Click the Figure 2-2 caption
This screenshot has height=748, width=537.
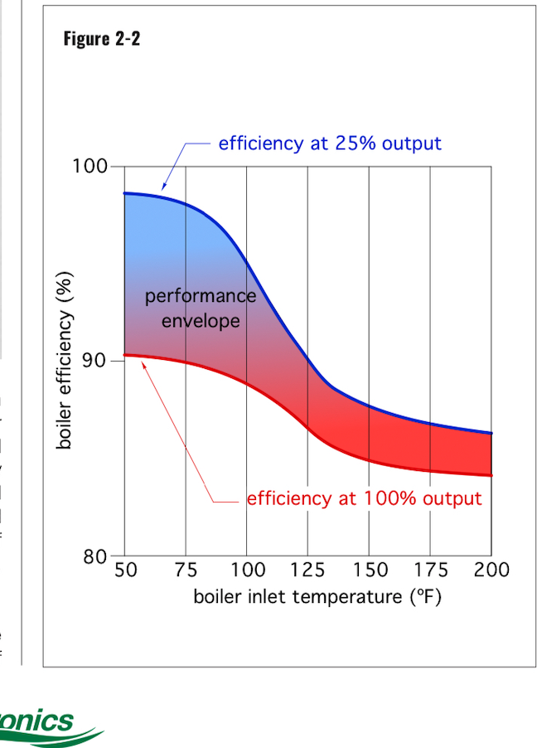(102, 38)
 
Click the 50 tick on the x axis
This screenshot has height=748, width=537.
(124, 570)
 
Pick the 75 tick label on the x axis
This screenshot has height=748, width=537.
(186, 570)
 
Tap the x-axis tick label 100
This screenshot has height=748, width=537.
(247, 570)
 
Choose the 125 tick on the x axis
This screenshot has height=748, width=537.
(308, 570)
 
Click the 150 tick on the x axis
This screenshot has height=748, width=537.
(370, 570)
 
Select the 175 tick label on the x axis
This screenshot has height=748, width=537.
(431, 570)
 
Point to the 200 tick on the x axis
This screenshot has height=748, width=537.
(491, 570)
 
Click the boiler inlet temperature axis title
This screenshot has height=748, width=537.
(317, 596)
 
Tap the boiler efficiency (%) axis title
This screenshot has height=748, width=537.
(65, 361)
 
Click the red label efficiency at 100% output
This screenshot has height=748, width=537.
(364, 498)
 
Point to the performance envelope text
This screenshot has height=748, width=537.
(201, 308)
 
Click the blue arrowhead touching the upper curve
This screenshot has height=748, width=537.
(163, 189)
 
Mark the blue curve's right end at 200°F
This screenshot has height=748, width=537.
(491, 433)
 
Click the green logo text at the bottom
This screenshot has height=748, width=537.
(37, 721)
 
